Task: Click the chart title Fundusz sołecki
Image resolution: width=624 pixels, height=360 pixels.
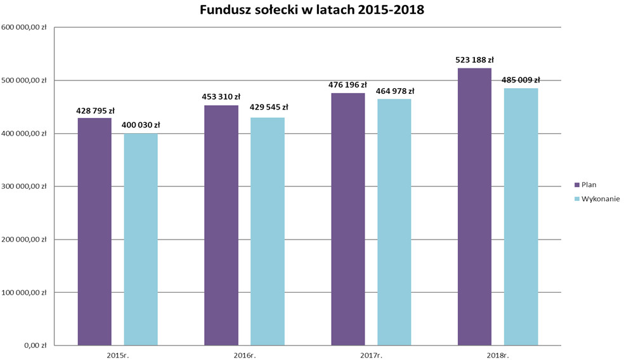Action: pyautogui.click(x=311, y=10)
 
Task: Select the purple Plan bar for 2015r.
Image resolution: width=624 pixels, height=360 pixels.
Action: pyautogui.click(x=94, y=231)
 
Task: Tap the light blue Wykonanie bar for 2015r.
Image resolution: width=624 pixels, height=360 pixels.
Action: pyautogui.click(x=141, y=240)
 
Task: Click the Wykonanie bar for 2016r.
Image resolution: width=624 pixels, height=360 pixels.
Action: pyautogui.click(x=268, y=231)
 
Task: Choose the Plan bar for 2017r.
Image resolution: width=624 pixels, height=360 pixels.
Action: pyautogui.click(x=348, y=219)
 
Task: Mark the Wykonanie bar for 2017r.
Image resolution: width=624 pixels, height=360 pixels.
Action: pyautogui.click(x=394, y=222)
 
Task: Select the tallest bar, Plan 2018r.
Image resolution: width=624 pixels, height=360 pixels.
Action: pyautogui.click(x=474, y=207)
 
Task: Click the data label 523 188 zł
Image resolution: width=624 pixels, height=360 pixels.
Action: pyautogui.click(x=474, y=60)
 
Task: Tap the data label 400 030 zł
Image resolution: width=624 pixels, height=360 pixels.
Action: pyautogui.click(x=141, y=125)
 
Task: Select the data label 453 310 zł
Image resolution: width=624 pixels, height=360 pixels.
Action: pyautogui.click(x=221, y=97)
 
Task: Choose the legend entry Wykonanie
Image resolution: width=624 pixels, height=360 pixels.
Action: pyautogui.click(x=600, y=198)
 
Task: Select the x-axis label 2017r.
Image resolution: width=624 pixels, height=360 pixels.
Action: pyautogui.click(x=371, y=355)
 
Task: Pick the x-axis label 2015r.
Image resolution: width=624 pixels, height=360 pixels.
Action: pyautogui.click(x=117, y=355)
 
